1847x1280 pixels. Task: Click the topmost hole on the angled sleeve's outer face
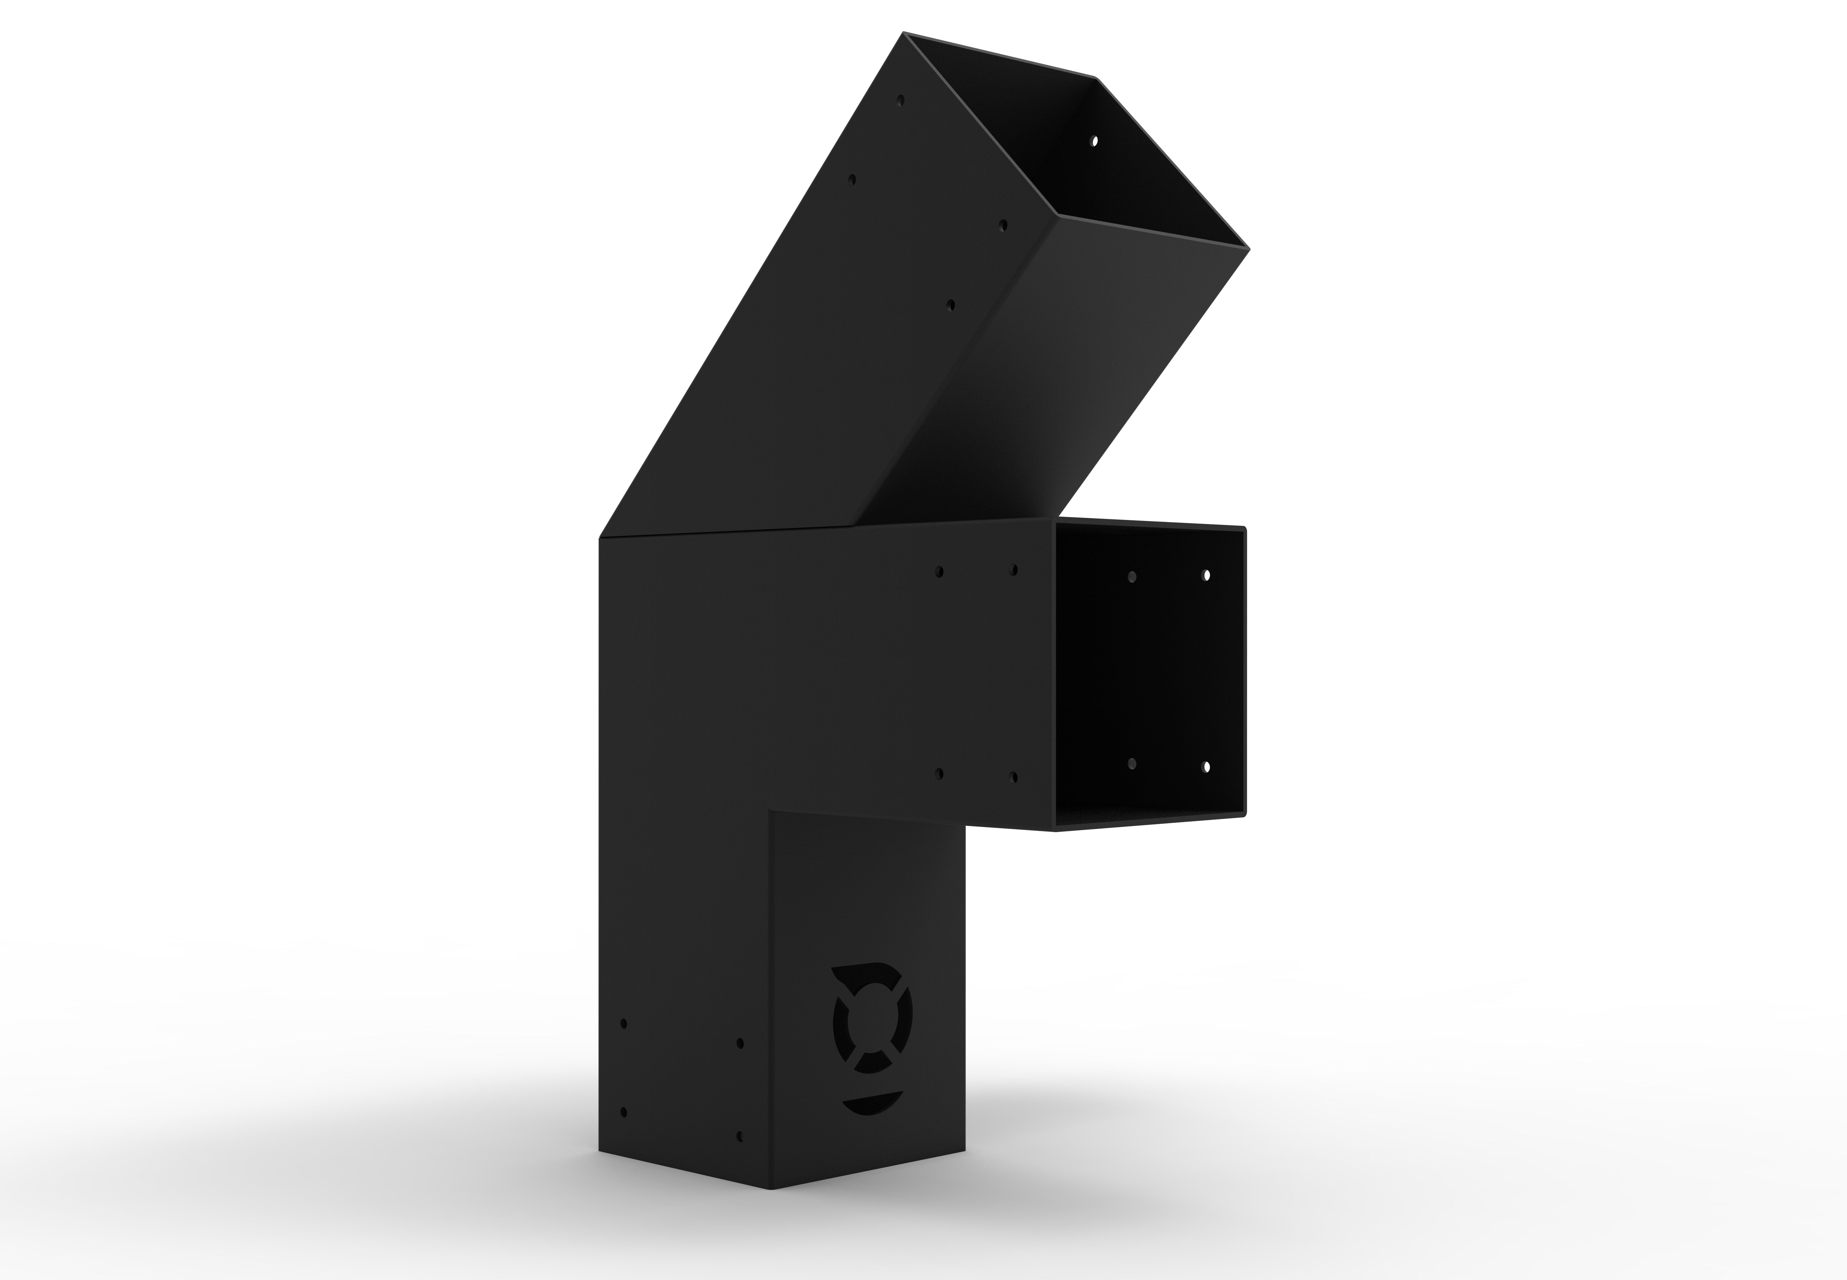click(x=901, y=102)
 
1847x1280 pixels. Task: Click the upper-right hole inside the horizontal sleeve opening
click(x=1206, y=575)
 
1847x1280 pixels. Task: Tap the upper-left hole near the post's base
click(x=624, y=1024)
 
